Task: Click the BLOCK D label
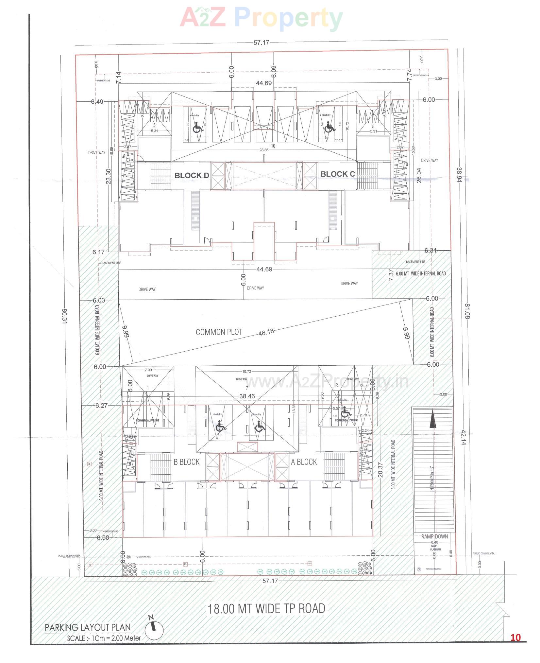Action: point(192,175)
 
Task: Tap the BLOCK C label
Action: point(337,174)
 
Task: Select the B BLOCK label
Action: point(186,462)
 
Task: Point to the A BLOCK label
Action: point(304,462)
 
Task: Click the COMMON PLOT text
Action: point(219,332)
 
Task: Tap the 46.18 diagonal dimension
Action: point(266,332)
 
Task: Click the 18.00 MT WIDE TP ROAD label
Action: point(266,609)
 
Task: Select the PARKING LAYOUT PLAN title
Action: point(88,627)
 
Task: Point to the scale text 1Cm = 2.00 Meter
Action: point(104,638)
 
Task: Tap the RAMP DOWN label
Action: point(434,536)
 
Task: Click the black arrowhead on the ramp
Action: point(432,420)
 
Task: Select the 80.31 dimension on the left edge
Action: point(64,316)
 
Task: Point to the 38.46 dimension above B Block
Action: point(247,396)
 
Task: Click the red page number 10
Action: point(515,637)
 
